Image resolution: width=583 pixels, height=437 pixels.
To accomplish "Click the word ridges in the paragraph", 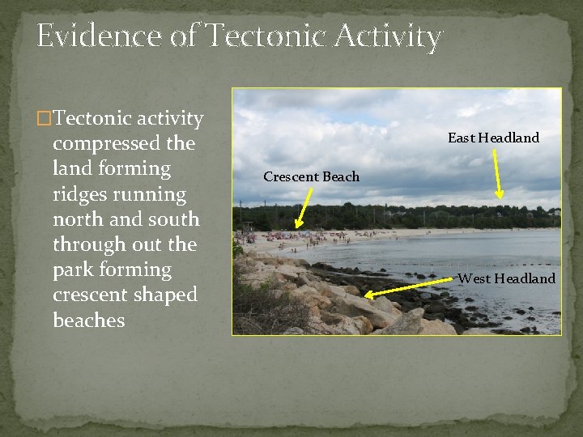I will [x=78, y=194].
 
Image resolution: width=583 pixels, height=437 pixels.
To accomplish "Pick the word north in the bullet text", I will [x=78, y=219].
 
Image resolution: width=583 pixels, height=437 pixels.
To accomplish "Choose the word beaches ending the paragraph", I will [x=89, y=320].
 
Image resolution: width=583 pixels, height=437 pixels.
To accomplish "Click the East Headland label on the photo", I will [x=493, y=138].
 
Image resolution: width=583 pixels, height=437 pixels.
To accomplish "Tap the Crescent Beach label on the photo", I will [x=311, y=176].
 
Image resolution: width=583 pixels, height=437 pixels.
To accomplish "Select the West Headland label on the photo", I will [x=507, y=278].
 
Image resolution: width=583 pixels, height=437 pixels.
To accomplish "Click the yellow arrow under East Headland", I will [x=497, y=173].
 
